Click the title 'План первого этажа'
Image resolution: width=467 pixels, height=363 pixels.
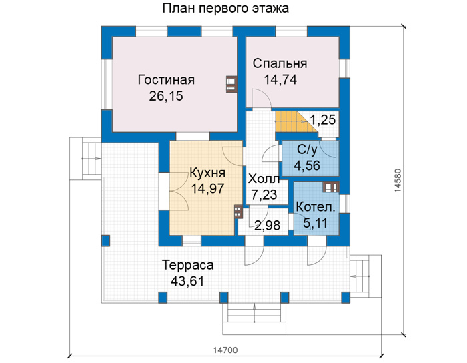[x=225, y=8]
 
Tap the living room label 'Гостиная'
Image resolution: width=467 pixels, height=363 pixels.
[x=166, y=80]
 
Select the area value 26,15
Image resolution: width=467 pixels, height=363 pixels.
[x=166, y=96]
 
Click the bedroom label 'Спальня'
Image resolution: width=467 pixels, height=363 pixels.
[x=280, y=63]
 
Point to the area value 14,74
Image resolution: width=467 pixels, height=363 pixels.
[x=280, y=80]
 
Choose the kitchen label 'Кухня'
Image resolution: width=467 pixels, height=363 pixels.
[x=207, y=173]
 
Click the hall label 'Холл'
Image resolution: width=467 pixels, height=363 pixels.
[x=264, y=179]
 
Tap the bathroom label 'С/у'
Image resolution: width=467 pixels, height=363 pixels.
[x=307, y=150]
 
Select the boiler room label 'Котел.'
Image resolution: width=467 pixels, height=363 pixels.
[x=316, y=207]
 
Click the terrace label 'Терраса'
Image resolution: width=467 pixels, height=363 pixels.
[x=187, y=265]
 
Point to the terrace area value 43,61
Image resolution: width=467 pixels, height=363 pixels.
[x=187, y=281]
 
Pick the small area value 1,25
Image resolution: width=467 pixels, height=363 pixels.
[x=323, y=120]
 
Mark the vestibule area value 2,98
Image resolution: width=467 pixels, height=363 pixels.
[x=267, y=226]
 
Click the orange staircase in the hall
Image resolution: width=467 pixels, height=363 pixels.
[x=295, y=122]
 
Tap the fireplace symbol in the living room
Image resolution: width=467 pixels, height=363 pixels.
[x=231, y=85]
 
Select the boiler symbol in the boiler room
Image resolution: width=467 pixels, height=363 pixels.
[x=331, y=187]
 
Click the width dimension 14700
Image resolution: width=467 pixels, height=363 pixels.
[x=225, y=350]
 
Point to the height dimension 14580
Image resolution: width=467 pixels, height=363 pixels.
[x=398, y=181]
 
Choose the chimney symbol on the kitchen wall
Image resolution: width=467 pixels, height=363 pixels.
[x=238, y=212]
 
